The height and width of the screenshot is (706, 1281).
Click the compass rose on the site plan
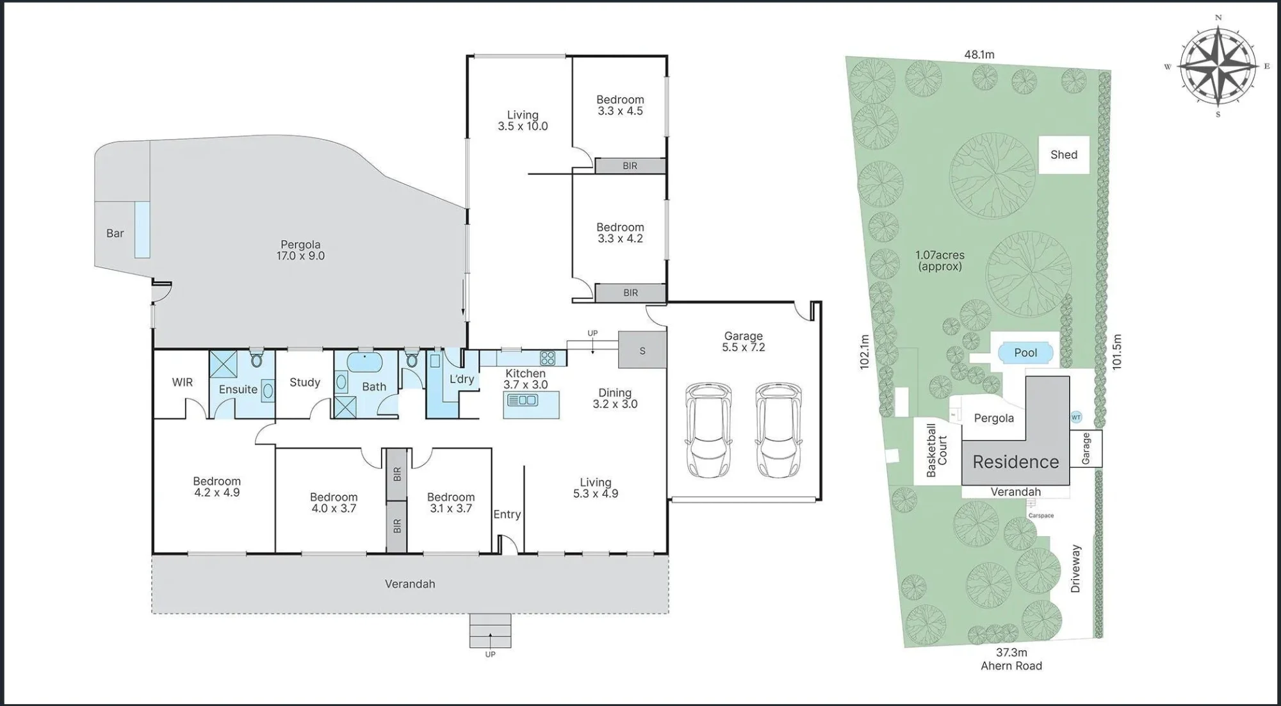(1218, 67)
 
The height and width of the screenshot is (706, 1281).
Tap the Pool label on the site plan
(1025, 352)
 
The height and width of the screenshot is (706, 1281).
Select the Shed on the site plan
(1064, 154)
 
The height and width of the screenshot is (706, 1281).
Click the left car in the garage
(708, 430)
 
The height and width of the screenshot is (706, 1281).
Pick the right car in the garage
(778, 430)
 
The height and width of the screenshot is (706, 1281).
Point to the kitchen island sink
(523, 400)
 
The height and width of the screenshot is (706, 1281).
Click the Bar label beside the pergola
(115, 233)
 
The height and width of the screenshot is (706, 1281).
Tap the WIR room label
(182, 382)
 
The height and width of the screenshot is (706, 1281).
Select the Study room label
(305, 382)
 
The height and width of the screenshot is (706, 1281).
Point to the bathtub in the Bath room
(365, 362)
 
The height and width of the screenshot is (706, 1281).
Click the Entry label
(507, 514)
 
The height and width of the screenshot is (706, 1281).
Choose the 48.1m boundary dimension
(979, 55)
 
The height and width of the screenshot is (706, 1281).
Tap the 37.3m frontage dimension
(1011, 652)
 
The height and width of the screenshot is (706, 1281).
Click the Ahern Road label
(1011, 666)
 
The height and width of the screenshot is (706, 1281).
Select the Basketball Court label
(936, 450)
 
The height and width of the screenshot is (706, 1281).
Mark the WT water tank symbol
(1076, 417)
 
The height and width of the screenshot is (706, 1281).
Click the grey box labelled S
(642, 350)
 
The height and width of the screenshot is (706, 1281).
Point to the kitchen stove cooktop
(547, 357)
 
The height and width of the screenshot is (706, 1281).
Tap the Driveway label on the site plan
(1075, 568)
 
